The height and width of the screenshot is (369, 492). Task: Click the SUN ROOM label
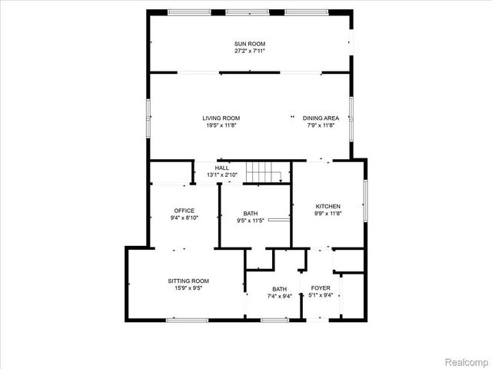click(249, 44)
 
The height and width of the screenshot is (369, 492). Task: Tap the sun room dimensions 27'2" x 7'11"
click(249, 51)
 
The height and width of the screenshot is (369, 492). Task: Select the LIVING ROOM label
click(221, 118)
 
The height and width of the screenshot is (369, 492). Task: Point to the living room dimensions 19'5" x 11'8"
click(221, 125)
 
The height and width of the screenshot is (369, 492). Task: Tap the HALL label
click(222, 168)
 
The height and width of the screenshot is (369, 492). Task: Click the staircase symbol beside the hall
click(261, 173)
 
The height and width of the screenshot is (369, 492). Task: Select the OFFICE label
click(184, 211)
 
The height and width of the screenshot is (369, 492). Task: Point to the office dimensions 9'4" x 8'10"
click(184, 218)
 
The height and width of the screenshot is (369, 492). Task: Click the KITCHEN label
click(327, 207)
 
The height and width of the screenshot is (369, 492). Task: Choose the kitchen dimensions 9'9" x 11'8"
click(327, 214)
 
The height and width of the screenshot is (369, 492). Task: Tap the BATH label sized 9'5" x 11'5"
click(251, 214)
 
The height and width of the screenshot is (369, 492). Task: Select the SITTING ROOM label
click(188, 281)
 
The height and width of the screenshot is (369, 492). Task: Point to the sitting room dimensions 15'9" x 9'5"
click(188, 289)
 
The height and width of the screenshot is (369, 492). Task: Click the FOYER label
click(321, 288)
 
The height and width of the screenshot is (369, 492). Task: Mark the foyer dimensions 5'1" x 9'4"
click(321, 294)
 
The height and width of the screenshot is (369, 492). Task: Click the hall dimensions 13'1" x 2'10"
click(222, 175)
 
